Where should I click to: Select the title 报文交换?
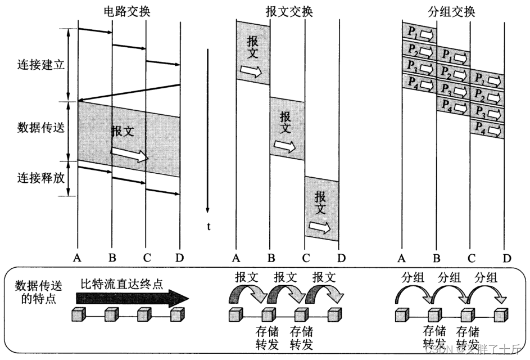click(289, 11)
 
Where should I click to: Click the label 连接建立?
click(41, 64)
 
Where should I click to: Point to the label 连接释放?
click(41, 179)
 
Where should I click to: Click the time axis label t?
click(208, 227)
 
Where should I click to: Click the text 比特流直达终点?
click(121, 283)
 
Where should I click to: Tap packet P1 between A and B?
click(419, 33)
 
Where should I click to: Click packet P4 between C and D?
click(487, 129)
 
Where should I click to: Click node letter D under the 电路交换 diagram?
click(179, 258)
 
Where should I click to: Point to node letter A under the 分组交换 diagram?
click(401, 258)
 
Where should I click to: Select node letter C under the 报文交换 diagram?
click(305, 258)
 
